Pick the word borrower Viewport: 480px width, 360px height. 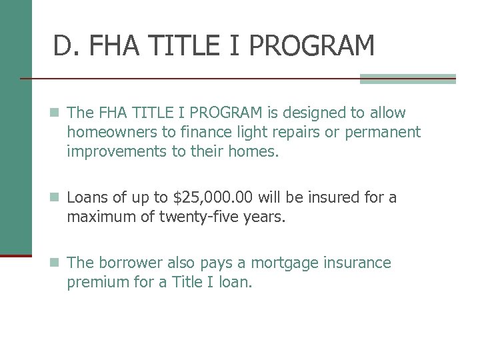[x=127, y=263]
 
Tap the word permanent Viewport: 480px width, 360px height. [x=383, y=132]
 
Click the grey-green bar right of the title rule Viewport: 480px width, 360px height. [x=407, y=79]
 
